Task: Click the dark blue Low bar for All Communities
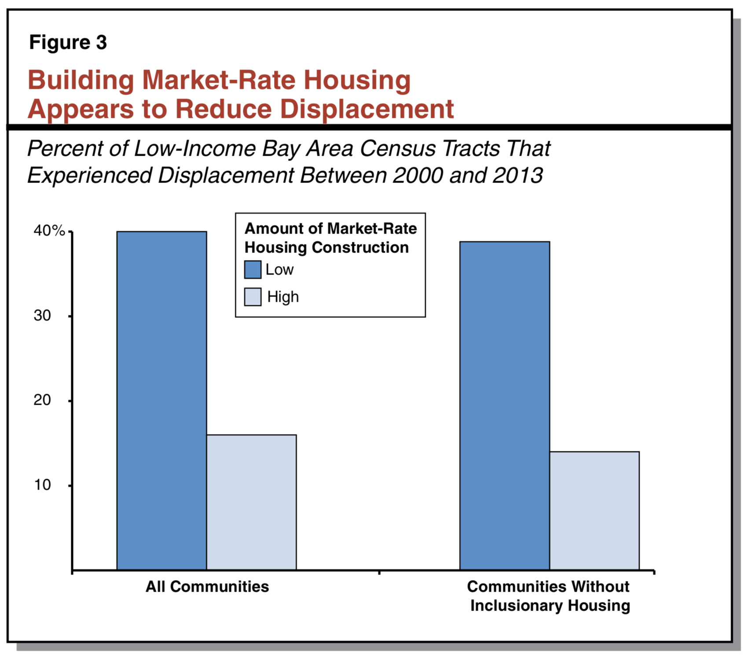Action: pos(161,400)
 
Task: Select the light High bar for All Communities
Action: pos(251,502)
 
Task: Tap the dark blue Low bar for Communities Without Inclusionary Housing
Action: pos(505,405)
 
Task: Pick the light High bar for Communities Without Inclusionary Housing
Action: pos(594,510)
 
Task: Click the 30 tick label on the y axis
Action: pos(42,315)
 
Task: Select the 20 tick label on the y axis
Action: pos(42,400)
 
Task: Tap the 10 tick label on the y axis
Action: pos(42,485)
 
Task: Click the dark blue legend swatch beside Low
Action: pos(253,269)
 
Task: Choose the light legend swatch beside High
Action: pos(253,297)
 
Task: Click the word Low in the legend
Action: pos(280,269)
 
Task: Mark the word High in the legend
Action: pos(283,297)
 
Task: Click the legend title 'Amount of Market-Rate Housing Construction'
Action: pos(330,238)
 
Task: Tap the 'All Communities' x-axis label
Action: pos(207,586)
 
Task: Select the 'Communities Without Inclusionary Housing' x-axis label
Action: pos(549,596)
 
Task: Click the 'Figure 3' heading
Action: pos(68,43)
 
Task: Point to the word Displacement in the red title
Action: pos(367,109)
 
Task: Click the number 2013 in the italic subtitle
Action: pos(517,176)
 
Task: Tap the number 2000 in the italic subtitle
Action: pos(417,176)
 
